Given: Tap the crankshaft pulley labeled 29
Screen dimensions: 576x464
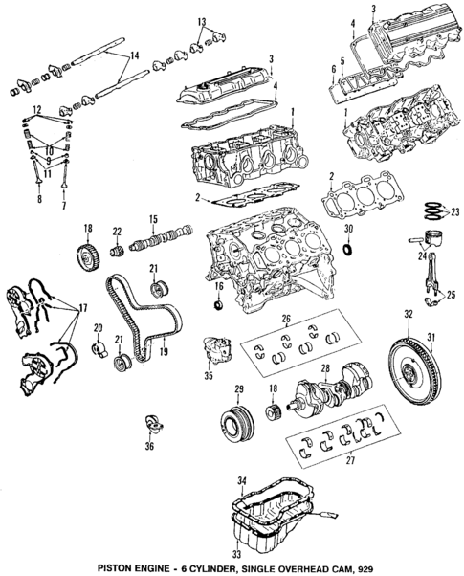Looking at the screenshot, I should coord(233,421).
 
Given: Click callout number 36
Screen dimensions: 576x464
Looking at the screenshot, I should coord(148,445).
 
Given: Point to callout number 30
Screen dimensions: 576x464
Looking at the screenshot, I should coord(349,231).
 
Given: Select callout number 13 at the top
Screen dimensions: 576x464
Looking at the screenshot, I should coord(202,20).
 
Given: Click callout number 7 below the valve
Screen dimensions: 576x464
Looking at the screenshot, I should coord(64,206).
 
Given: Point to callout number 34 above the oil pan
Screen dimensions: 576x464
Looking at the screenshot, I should coord(243,478).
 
